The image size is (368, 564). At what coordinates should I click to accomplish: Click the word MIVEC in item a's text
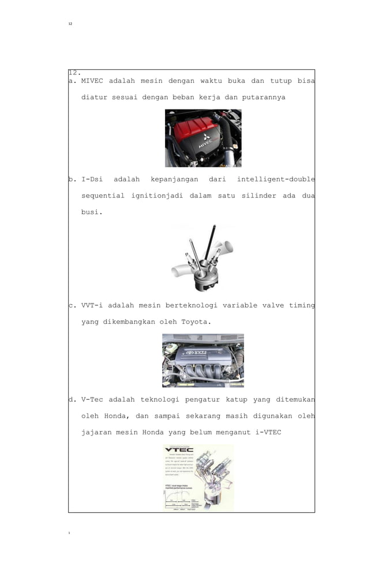(x=92, y=81)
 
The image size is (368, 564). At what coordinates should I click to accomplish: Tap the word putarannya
(x=264, y=97)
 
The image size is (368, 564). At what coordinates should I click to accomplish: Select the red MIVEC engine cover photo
(x=203, y=138)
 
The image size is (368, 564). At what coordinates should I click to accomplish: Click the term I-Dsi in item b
(x=92, y=180)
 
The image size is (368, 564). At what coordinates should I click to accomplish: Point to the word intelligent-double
(x=276, y=180)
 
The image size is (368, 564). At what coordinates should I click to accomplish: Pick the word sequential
(x=103, y=196)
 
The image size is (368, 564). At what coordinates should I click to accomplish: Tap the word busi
(x=92, y=212)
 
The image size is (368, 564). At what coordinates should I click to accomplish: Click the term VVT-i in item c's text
(x=92, y=306)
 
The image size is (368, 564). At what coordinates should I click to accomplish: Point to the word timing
(x=302, y=306)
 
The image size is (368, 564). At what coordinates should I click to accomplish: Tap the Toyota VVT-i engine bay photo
(x=203, y=361)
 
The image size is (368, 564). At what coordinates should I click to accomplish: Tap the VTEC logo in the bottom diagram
(x=179, y=449)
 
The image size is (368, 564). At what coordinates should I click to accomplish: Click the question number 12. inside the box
(x=74, y=73)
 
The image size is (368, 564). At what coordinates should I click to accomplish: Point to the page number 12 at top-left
(x=70, y=24)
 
